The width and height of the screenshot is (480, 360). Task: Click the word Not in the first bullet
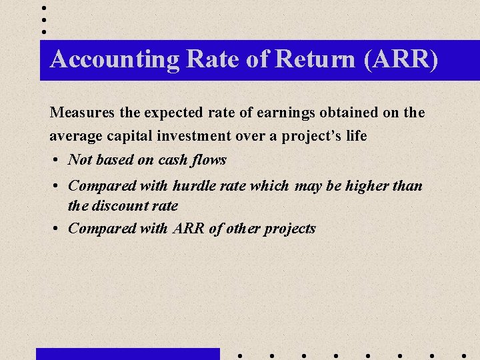click(80, 160)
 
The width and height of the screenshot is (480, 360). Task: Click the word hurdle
click(194, 185)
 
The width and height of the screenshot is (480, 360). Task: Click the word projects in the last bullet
click(289, 229)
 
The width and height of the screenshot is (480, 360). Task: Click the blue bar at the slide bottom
click(127, 353)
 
